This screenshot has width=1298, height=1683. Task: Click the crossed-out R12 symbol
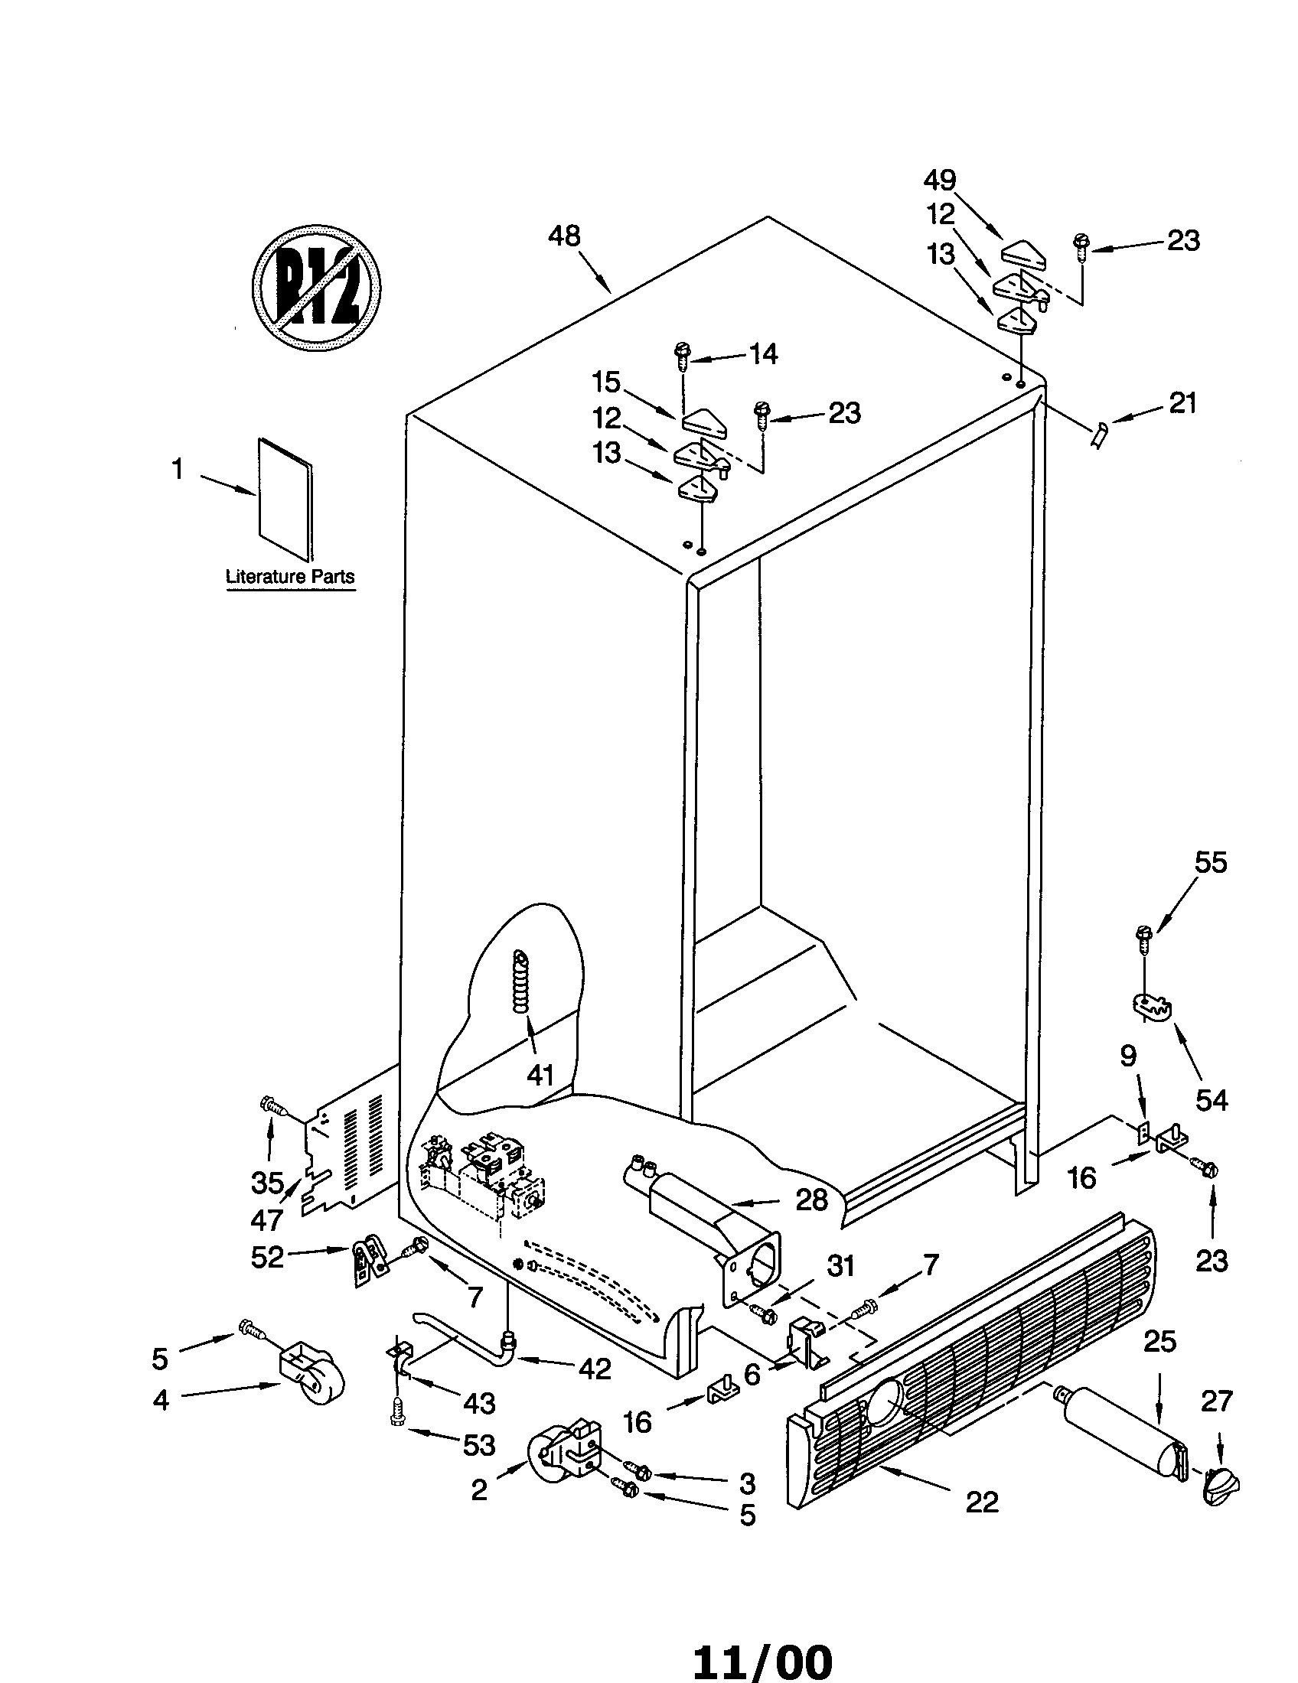click(317, 289)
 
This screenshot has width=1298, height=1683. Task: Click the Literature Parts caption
click(290, 576)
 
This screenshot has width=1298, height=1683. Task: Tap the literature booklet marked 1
click(286, 499)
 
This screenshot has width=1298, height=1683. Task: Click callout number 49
click(940, 181)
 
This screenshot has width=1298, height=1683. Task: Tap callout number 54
click(1211, 1099)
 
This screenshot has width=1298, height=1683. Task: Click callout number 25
click(1159, 1341)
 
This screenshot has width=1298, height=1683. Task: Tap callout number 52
click(267, 1258)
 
